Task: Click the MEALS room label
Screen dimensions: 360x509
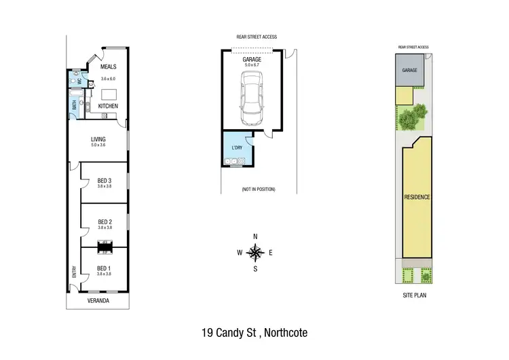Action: (109, 67)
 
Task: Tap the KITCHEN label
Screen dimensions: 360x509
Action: (109, 107)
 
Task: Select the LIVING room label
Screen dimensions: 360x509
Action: (99, 139)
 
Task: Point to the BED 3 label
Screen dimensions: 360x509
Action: (104, 180)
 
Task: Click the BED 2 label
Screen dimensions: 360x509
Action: (104, 221)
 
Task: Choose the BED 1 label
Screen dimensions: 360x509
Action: (104, 268)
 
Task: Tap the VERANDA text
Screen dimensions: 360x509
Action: (98, 299)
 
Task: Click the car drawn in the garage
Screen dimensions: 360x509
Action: (251, 96)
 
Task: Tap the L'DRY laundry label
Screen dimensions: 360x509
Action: (238, 147)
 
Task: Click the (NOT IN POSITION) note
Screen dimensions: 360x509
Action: (258, 189)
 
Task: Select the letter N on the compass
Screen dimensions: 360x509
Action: (255, 236)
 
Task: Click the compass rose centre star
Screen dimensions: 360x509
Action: (255, 253)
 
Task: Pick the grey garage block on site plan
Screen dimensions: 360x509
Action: (409, 70)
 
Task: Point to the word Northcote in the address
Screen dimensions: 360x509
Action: (285, 333)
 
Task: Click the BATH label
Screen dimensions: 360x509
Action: (74, 105)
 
